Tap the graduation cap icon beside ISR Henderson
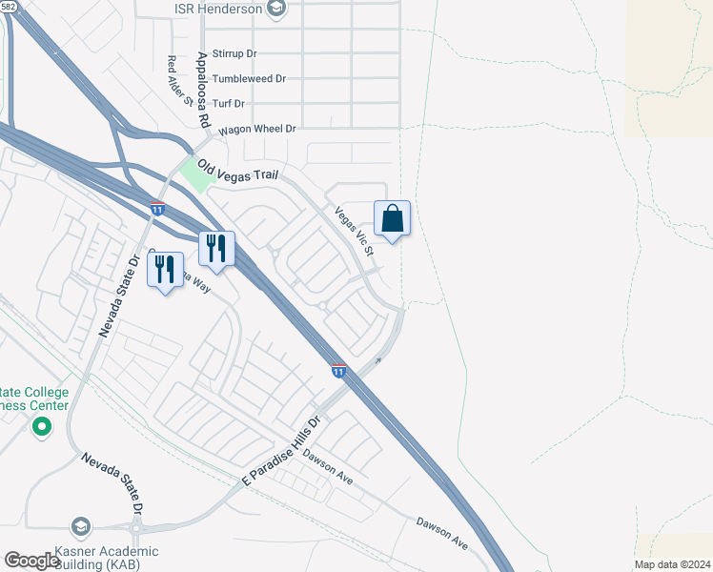(277, 9)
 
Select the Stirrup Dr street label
(235, 54)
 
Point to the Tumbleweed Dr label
(249, 79)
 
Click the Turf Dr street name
(228, 103)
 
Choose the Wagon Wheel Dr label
(257, 129)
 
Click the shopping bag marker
(393, 220)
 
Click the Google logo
(32, 561)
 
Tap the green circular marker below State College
(40, 427)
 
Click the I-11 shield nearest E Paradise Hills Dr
(338, 369)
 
